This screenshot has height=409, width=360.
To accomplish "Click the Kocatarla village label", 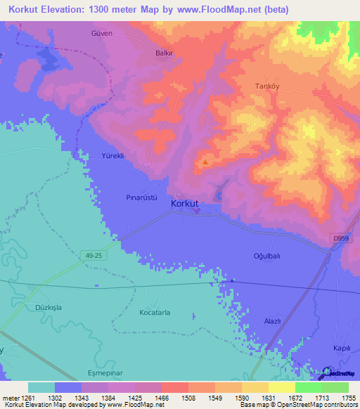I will click(155, 312).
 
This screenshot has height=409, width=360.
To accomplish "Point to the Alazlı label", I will click(271, 321).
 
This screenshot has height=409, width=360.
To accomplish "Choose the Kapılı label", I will click(342, 349).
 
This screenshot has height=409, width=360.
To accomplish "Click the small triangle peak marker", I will click(205, 162).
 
